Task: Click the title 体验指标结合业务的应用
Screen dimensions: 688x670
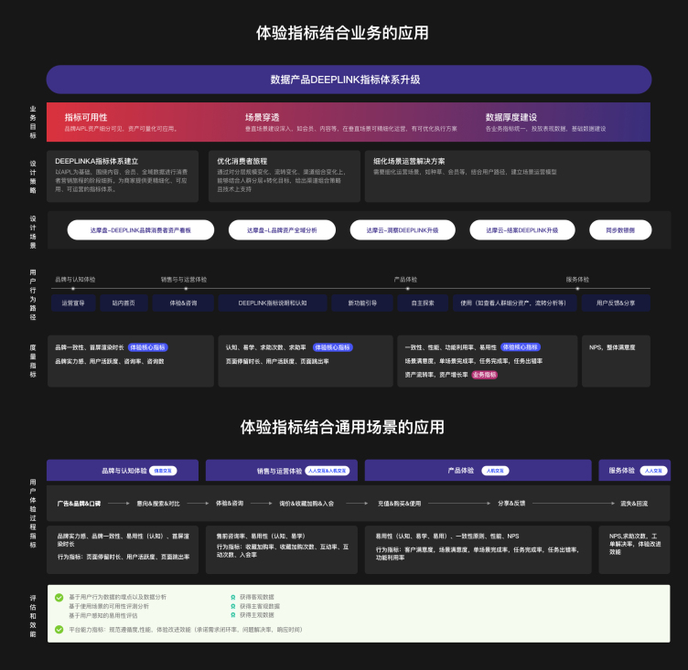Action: click(343, 33)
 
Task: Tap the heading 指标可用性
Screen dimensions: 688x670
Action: click(86, 117)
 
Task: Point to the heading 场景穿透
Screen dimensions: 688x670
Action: click(262, 117)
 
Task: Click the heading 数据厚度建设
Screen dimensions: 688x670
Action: click(511, 117)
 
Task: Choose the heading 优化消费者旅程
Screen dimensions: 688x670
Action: click(242, 161)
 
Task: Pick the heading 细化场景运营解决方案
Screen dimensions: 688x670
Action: click(409, 161)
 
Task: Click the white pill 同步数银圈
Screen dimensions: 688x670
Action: click(612, 230)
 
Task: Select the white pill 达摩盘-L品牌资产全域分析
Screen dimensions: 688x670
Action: click(282, 230)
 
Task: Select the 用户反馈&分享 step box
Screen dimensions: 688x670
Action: click(616, 303)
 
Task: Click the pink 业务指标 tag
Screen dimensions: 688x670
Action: click(484, 374)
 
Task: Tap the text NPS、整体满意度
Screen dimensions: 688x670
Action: click(612, 347)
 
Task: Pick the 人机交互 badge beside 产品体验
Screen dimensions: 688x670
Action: click(495, 471)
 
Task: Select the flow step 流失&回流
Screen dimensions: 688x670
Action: click(634, 503)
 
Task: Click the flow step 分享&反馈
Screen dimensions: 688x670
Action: click(511, 503)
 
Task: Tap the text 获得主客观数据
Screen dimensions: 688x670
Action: click(261, 606)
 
